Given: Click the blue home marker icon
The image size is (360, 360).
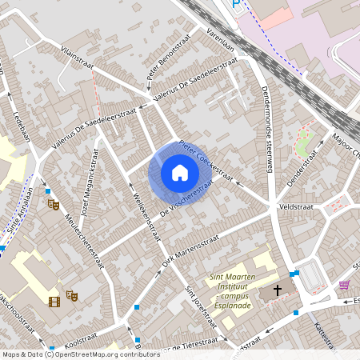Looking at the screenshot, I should (179, 173).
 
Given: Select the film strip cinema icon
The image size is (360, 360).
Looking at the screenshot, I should (54, 302).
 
